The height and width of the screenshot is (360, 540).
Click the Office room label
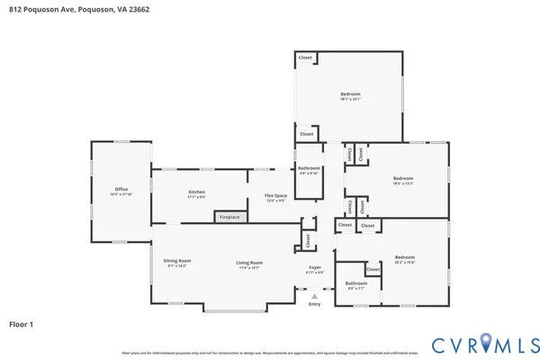[121, 189]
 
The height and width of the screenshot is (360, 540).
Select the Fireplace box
[229, 217]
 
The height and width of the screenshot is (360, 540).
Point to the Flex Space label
[274, 195]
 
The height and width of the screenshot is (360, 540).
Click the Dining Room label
[176, 261]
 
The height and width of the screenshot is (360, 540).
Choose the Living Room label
[248, 262]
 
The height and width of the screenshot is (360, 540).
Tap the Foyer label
[314, 267]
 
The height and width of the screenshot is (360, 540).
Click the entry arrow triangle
[314, 294]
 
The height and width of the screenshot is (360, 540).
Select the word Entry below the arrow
[314, 304]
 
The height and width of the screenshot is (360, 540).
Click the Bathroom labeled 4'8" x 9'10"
[309, 168]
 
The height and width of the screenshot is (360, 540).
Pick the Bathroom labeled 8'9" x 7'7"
[355, 283]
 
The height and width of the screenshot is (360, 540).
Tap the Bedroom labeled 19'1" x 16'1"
[350, 94]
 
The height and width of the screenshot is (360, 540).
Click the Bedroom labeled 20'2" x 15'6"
[404, 257]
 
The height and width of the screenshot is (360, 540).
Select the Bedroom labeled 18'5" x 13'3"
[402, 178]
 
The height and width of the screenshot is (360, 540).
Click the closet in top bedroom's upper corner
[306, 58]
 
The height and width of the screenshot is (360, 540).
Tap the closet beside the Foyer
[308, 238]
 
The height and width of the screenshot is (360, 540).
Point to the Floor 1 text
[22, 323]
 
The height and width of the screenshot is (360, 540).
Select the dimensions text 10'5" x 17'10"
[121, 194]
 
